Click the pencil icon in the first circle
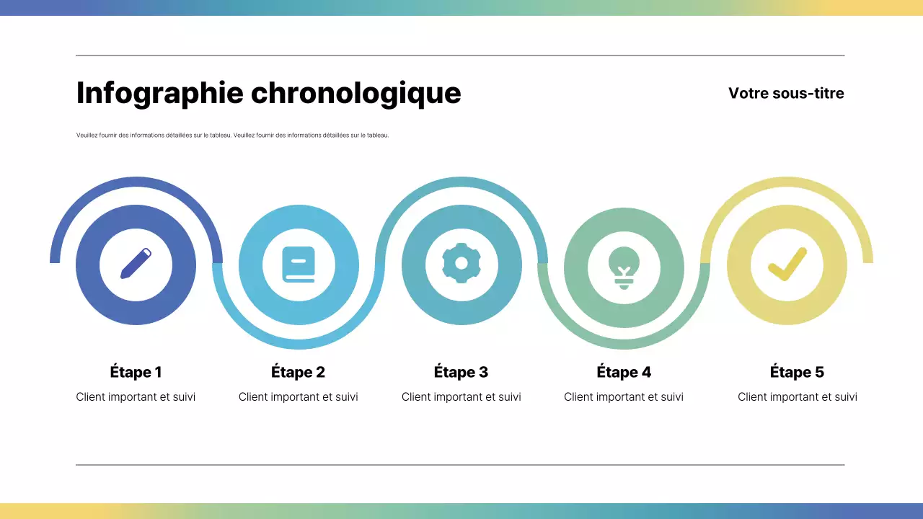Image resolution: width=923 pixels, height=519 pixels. coord(136,264)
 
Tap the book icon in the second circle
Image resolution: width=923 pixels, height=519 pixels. coord(299,265)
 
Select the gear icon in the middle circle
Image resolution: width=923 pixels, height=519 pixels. coord(461,264)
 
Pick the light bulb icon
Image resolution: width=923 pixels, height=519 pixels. coord(624,266)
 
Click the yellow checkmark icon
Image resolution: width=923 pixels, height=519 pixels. coord(787,265)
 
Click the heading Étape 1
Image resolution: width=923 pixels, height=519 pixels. coord(136,372)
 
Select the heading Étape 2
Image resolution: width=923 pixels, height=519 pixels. coord(299,372)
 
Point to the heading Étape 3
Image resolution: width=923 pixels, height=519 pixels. coord(461,372)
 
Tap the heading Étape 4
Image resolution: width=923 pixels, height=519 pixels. coord(624,372)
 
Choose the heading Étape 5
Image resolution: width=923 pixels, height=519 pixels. coord(797,372)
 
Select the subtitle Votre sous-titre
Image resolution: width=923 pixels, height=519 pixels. coord(786,93)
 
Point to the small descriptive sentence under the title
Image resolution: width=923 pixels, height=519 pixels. coord(232,135)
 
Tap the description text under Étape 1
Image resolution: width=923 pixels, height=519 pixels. coord(136,396)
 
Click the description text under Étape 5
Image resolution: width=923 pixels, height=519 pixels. coord(798,396)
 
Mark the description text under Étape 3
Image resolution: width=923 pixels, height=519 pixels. coord(461,396)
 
